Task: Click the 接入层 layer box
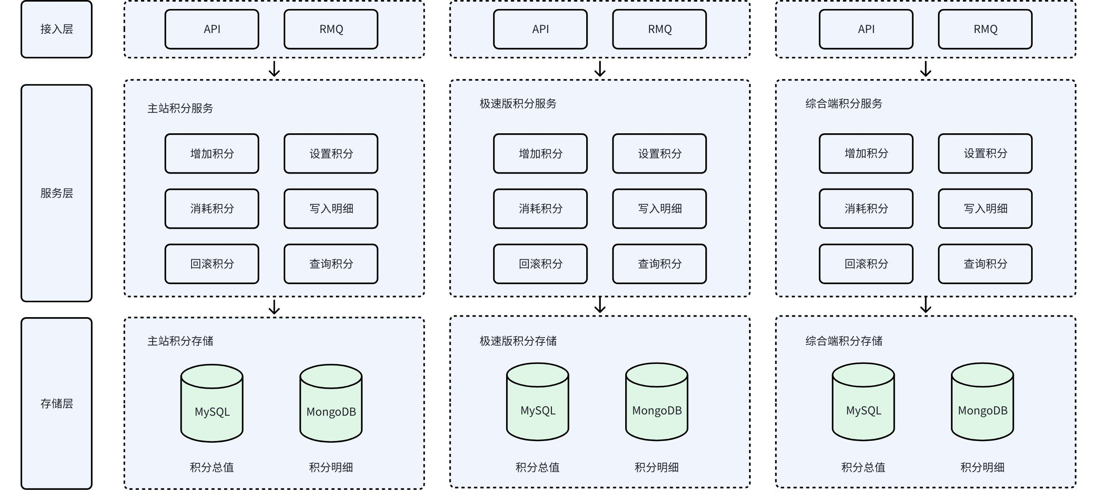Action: pyautogui.click(x=57, y=29)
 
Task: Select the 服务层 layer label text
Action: pyautogui.click(x=57, y=193)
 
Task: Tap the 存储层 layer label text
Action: pyautogui.click(x=57, y=403)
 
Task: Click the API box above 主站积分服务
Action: pyautogui.click(x=212, y=29)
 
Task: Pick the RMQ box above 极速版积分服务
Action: pyautogui.click(x=659, y=29)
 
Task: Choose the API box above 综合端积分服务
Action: pyautogui.click(x=866, y=29)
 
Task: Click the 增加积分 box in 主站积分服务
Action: pyautogui.click(x=212, y=153)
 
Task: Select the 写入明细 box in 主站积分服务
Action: pyautogui.click(x=331, y=209)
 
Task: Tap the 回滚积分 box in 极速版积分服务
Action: pyautogui.click(x=540, y=264)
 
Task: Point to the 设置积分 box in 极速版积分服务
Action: pyautogui.click(x=659, y=153)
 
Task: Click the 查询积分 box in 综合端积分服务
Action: pyautogui.click(x=985, y=264)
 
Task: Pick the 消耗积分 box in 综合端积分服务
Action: pyautogui.click(x=866, y=209)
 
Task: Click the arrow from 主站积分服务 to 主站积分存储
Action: pyautogui.click(x=274, y=307)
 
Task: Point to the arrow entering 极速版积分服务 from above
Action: pyautogui.click(x=600, y=69)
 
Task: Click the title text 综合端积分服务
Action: pyautogui.click(x=844, y=104)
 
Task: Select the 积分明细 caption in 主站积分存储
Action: pyautogui.click(x=331, y=467)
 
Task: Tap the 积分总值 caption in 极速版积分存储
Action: pyautogui.click(x=537, y=467)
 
